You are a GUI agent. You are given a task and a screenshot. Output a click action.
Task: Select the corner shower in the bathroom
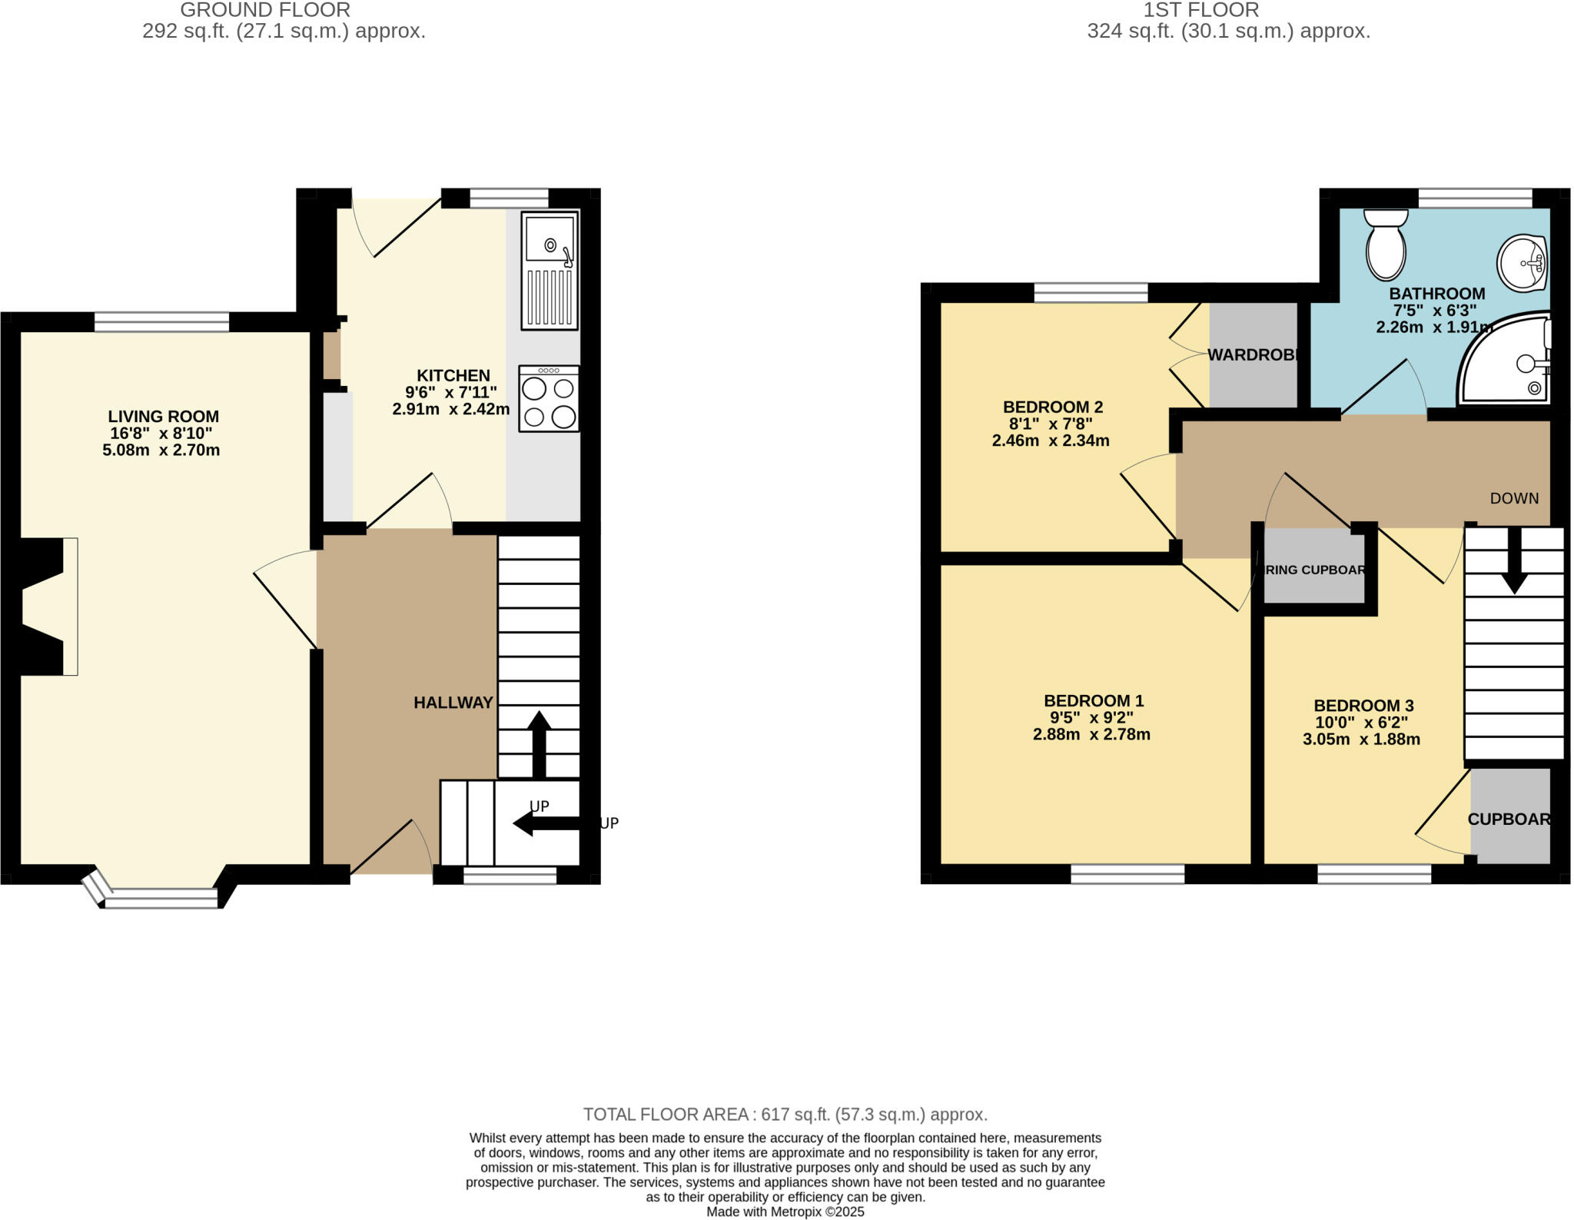click(1506, 361)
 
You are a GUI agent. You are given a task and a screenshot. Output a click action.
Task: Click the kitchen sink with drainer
click(550, 270)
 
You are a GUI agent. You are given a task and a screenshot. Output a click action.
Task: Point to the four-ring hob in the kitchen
click(549, 398)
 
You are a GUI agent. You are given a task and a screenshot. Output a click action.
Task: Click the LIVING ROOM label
click(163, 417)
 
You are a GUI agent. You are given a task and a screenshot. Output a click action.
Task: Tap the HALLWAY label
click(453, 703)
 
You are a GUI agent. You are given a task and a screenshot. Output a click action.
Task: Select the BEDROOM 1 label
click(1093, 701)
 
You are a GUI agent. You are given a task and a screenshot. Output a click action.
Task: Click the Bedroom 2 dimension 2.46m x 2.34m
click(1050, 441)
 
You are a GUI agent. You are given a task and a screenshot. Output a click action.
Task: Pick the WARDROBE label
click(1254, 355)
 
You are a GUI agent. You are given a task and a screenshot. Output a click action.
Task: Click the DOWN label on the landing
click(1514, 498)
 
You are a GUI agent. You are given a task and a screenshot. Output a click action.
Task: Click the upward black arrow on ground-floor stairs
click(539, 742)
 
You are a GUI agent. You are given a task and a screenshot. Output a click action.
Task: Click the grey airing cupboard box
click(1314, 570)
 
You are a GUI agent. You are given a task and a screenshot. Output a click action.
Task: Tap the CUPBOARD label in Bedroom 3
click(1508, 819)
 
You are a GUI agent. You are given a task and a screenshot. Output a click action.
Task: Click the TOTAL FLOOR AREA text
click(785, 1115)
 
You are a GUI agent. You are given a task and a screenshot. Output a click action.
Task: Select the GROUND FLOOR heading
click(265, 10)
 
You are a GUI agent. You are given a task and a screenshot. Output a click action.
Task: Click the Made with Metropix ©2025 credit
click(785, 1212)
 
